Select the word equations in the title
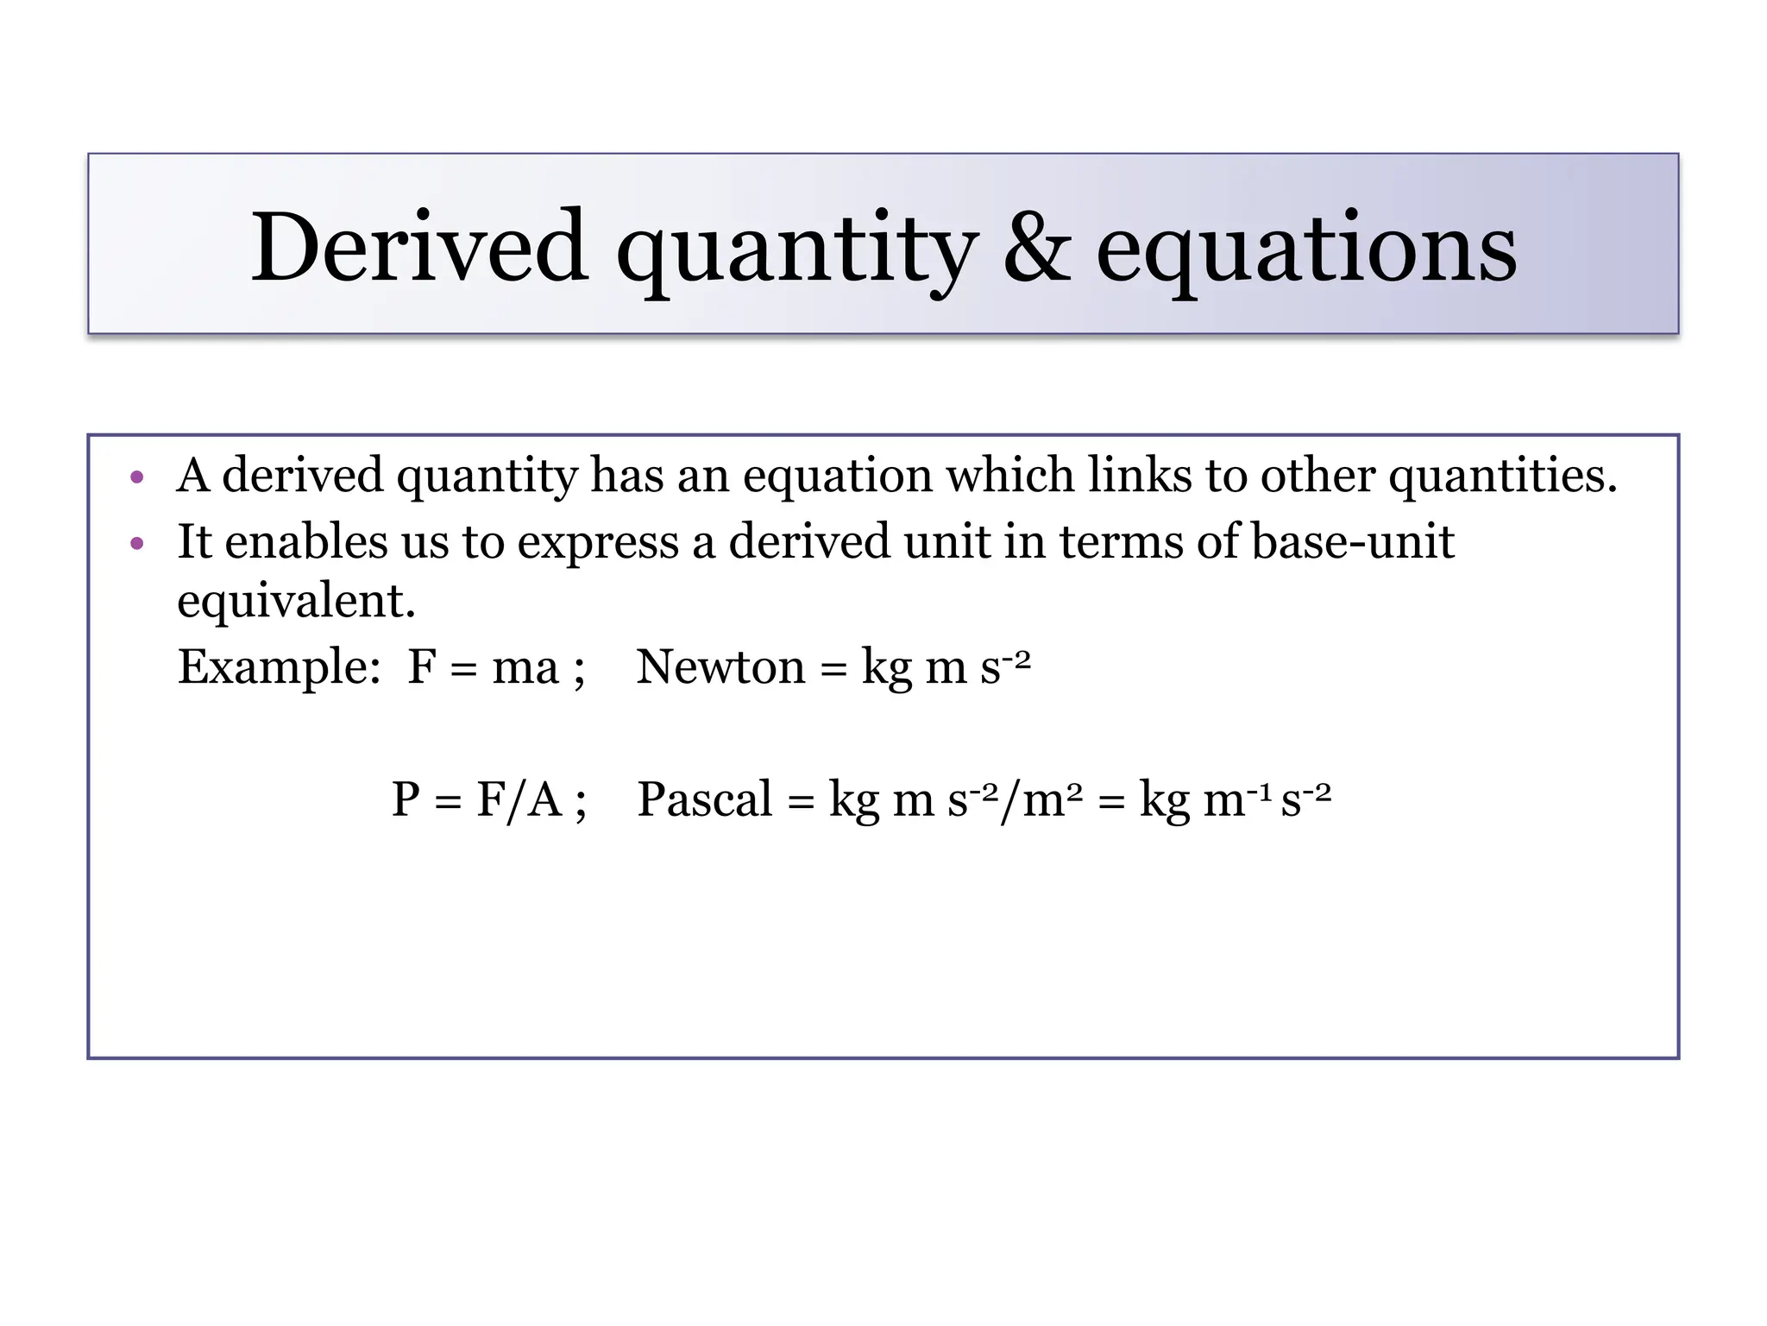point(1305,250)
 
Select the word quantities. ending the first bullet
point(1503,477)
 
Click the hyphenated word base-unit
point(1352,541)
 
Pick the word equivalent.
point(296,600)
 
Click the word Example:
point(279,667)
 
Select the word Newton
point(720,667)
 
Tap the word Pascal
point(704,799)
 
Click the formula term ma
point(525,667)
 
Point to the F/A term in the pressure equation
point(519,799)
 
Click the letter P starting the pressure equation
point(406,799)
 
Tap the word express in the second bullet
point(598,543)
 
